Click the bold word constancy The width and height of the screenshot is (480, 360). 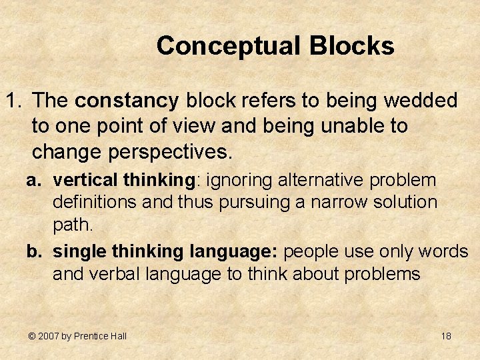pos(127,101)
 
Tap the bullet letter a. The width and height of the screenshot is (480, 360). pos(32,181)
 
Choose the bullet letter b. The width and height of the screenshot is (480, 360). pos(32,251)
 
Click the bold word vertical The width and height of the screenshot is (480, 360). pos(81,180)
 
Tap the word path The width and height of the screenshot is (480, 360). pos(73,225)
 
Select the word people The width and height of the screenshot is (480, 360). pos(313,251)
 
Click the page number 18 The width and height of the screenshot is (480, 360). pos(446,336)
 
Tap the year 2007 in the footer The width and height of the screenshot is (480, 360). pos(49,336)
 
